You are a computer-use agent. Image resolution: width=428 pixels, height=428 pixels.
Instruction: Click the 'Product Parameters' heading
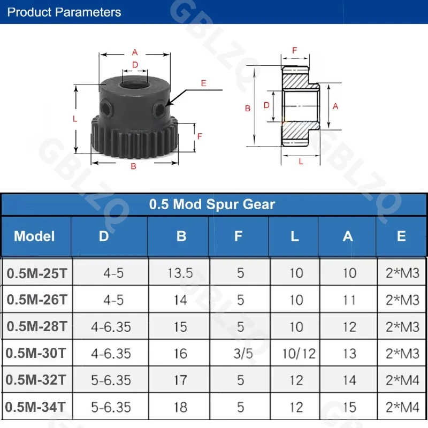(x=64, y=12)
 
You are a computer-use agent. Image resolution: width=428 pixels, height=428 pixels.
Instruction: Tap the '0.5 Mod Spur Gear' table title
(x=212, y=204)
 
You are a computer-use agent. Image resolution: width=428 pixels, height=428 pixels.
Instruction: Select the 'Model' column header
(x=34, y=236)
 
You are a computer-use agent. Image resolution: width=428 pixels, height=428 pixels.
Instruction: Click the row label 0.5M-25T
(x=37, y=273)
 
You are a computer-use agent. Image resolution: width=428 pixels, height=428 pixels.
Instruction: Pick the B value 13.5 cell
(x=180, y=273)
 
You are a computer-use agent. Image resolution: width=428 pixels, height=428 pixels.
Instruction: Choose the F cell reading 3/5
(x=243, y=354)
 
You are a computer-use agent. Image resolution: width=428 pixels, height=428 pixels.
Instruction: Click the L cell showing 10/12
(x=299, y=354)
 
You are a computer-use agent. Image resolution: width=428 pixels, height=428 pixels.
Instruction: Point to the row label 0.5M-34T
(x=35, y=407)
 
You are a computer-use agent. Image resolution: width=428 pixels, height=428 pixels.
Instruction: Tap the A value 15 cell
(x=349, y=407)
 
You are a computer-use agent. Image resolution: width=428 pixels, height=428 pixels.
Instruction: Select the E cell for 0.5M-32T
(x=402, y=380)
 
